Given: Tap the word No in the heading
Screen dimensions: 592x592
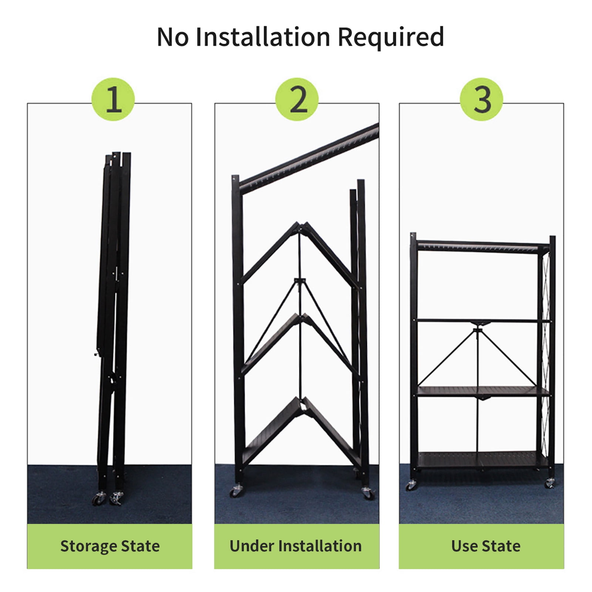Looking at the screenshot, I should [172, 37].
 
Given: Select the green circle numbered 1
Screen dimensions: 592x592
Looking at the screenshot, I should [113, 99].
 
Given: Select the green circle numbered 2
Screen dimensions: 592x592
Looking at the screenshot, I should [297, 99].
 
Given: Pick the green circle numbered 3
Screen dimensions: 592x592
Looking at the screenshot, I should [481, 99].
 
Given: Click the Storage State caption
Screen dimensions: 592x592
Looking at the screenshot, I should [110, 546].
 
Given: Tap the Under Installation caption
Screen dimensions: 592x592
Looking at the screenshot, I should [296, 546].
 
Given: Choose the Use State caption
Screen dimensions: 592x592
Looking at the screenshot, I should [485, 546].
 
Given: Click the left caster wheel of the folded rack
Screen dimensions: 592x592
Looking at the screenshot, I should [99, 499].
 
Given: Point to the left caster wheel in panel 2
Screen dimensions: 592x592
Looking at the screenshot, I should [236, 491].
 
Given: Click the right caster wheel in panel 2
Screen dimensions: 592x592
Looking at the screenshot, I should [367, 493].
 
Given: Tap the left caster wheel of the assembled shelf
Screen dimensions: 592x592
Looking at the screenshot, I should [411, 485].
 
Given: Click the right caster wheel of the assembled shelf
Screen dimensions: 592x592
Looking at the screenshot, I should [549, 482].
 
